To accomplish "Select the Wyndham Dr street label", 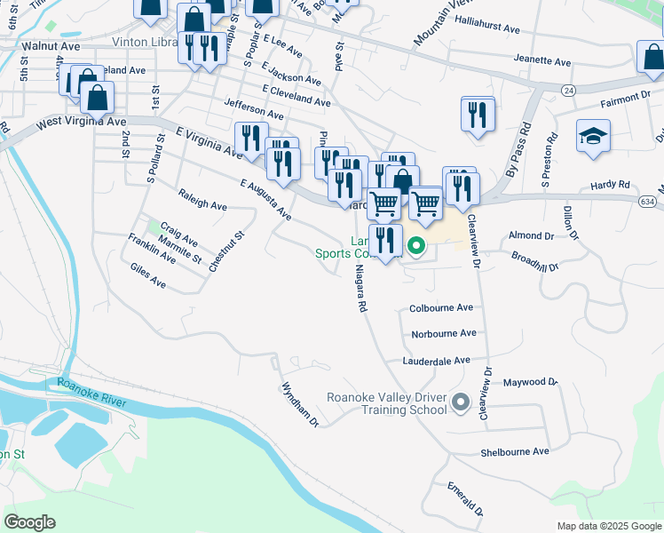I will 300,404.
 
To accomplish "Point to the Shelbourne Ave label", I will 515,451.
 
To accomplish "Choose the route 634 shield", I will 651,202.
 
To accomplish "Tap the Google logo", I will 29,522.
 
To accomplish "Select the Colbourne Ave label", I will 441,308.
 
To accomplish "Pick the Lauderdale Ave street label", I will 436,362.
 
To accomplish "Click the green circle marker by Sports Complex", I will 415,245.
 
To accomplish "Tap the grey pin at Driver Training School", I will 460,402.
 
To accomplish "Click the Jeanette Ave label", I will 542,62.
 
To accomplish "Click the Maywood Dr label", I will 530,382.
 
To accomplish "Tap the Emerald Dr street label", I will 466,499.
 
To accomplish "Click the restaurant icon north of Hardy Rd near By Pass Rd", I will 478,115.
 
